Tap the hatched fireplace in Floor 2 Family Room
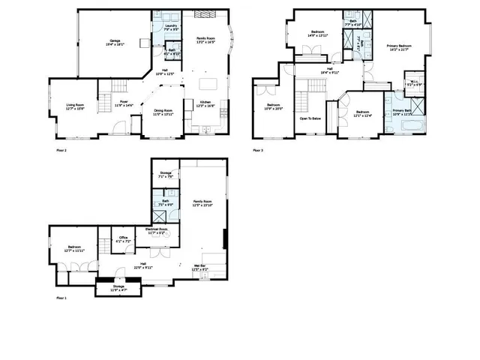[x=202, y=13]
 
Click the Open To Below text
[x=310, y=118]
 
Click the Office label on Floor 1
[x=123, y=239]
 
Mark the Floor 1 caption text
[x=61, y=298]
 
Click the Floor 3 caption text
[x=256, y=150]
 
